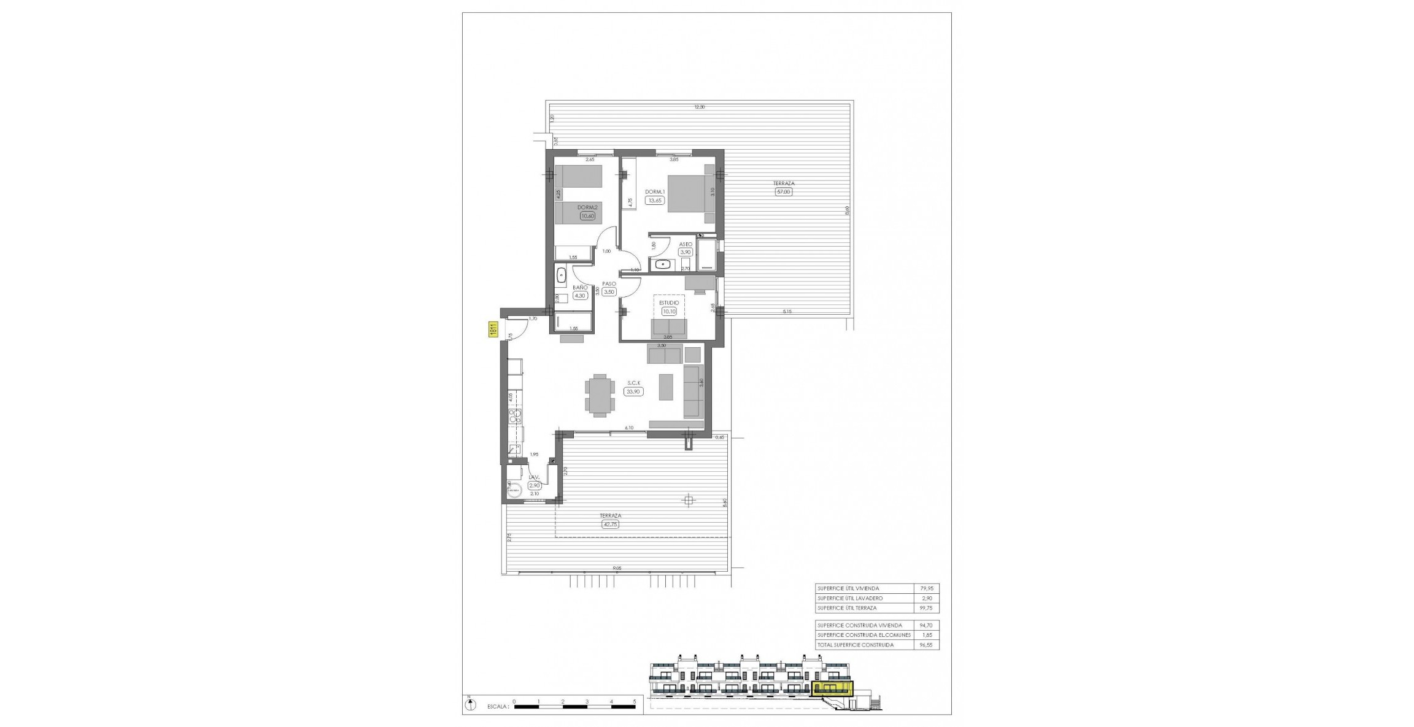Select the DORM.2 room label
coord(587,207)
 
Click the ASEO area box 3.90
coord(685,252)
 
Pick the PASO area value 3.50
coord(609,292)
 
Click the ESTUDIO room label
coord(668,302)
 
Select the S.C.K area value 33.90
coord(633,391)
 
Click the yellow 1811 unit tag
coord(492,329)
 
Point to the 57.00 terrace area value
coord(784,191)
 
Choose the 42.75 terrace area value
coord(610,524)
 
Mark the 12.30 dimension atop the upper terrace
coord(699,107)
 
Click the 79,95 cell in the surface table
coord(926,588)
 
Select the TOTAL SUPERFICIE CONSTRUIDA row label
coord(855,645)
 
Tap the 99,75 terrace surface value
coord(926,608)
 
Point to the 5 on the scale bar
coord(634,701)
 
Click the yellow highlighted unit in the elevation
coord(832,689)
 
